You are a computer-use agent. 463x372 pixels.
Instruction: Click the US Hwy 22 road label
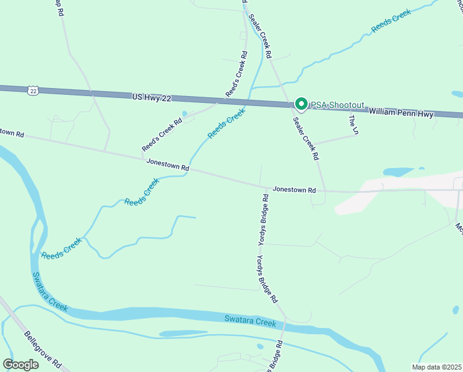click(151, 97)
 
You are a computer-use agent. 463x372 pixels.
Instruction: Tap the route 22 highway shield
click(33, 91)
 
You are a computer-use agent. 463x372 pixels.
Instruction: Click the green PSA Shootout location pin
click(301, 104)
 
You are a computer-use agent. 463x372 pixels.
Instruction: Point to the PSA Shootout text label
click(337, 105)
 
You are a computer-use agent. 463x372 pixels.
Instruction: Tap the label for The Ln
click(354, 125)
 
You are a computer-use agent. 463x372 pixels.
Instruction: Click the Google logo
click(20, 365)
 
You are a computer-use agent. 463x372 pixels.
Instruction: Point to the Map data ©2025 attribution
click(436, 367)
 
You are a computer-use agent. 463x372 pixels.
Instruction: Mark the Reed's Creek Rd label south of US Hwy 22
click(162, 135)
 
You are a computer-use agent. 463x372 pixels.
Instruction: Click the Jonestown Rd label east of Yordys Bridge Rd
click(295, 188)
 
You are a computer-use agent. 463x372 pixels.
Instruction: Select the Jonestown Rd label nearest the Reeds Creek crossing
click(167, 165)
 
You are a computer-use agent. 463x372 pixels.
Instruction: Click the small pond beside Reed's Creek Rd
click(184, 114)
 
